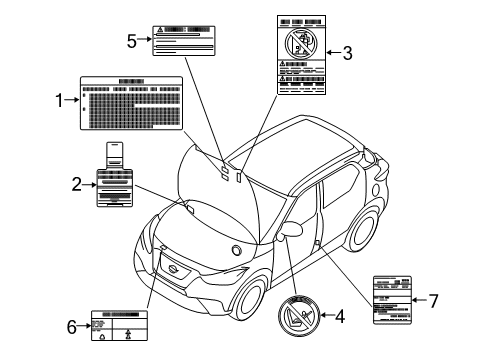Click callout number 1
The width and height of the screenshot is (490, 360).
pos(59,100)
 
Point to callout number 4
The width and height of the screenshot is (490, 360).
pos(339,317)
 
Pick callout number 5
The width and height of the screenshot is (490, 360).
pos(132,41)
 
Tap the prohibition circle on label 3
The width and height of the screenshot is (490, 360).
pos(300,42)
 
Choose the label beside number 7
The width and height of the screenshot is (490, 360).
pos(392,299)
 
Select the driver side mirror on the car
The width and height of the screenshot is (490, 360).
pos(294,229)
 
